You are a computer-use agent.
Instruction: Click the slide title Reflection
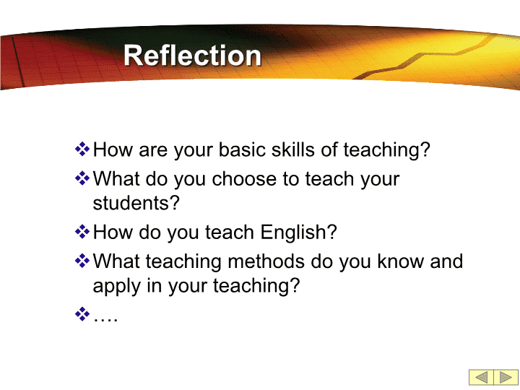coord(192,56)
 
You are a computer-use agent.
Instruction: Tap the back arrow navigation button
coord(481,377)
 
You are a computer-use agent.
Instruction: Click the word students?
coord(136,203)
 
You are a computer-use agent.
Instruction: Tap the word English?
coord(298,232)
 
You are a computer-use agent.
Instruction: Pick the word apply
coord(116,287)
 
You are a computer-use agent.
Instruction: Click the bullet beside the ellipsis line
coord(82,314)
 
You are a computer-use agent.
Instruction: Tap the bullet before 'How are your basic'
coord(82,149)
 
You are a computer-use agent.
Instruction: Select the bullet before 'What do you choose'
coord(82,178)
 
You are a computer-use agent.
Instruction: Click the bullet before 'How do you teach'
coord(82,232)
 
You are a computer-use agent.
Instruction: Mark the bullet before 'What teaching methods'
coord(82,261)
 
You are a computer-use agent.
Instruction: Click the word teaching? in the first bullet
coord(386,150)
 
